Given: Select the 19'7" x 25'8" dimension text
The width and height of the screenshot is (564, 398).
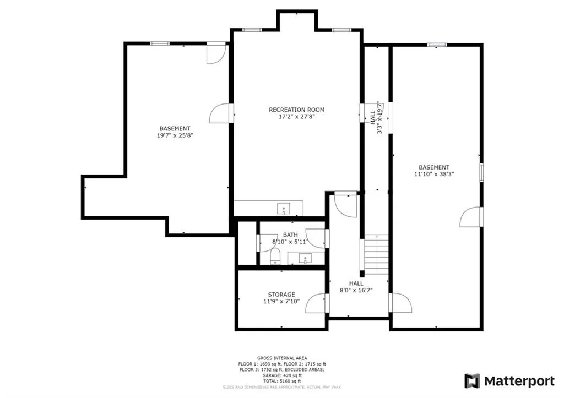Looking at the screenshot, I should coord(175,135).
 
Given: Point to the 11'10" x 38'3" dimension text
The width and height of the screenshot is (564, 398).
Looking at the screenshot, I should coord(434,174).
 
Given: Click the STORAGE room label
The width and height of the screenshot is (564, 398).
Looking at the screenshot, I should coord(281,295).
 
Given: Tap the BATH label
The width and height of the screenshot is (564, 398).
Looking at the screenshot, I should coord(290,235).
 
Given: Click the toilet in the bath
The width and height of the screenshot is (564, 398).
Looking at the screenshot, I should coord(275,256).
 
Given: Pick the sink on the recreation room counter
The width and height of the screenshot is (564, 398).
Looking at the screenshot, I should coord(284,208).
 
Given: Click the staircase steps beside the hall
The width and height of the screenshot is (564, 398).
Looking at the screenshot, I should coord(376,254).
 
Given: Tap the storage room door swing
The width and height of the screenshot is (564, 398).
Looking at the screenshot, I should coord(316,304).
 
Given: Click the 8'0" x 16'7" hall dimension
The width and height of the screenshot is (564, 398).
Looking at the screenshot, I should coord(355,290).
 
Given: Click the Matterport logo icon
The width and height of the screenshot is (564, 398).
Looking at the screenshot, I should coord(472,380).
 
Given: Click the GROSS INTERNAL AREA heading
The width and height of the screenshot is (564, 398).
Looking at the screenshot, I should coord(281,358).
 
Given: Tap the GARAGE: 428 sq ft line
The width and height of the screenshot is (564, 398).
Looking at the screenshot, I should coord(281,375).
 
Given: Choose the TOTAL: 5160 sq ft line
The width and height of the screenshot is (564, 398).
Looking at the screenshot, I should coord(281,381).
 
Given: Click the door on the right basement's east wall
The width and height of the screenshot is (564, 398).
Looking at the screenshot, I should coord(471,217).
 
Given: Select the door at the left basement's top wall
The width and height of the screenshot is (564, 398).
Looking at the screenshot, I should coord(216,54).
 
